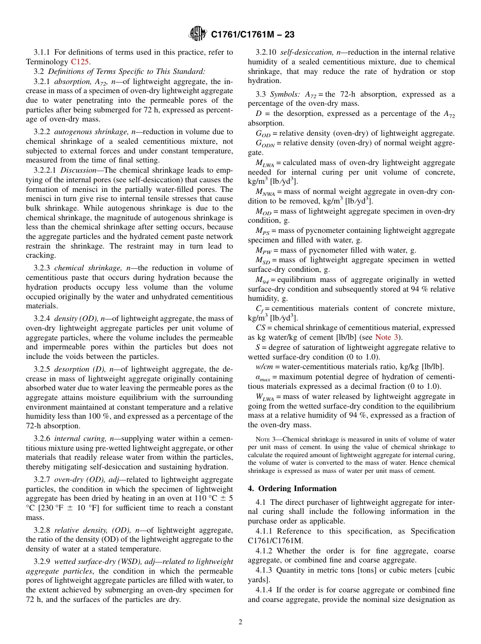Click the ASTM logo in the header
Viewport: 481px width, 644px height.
pyautogui.click(x=197, y=34)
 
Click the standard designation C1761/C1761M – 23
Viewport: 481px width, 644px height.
pyautogui.click(x=252, y=34)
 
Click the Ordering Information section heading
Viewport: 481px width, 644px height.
pyautogui.click(x=292, y=489)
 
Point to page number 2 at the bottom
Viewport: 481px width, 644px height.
pyautogui.click(x=240, y=622)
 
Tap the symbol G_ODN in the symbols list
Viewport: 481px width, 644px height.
pyautogui.click(x=264, y=144)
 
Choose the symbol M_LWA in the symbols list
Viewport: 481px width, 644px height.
pyautogui.click(x=264, y=164)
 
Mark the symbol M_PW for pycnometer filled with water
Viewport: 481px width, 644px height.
pyautogui.click(x=263, y=251)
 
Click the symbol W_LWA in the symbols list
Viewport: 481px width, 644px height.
pyautogui.click(x=265, y=397)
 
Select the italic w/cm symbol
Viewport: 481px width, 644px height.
pyautogui.click(x=263, y=367)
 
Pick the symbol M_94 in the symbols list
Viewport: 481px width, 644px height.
pyautogui.click(x=262, y=280)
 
